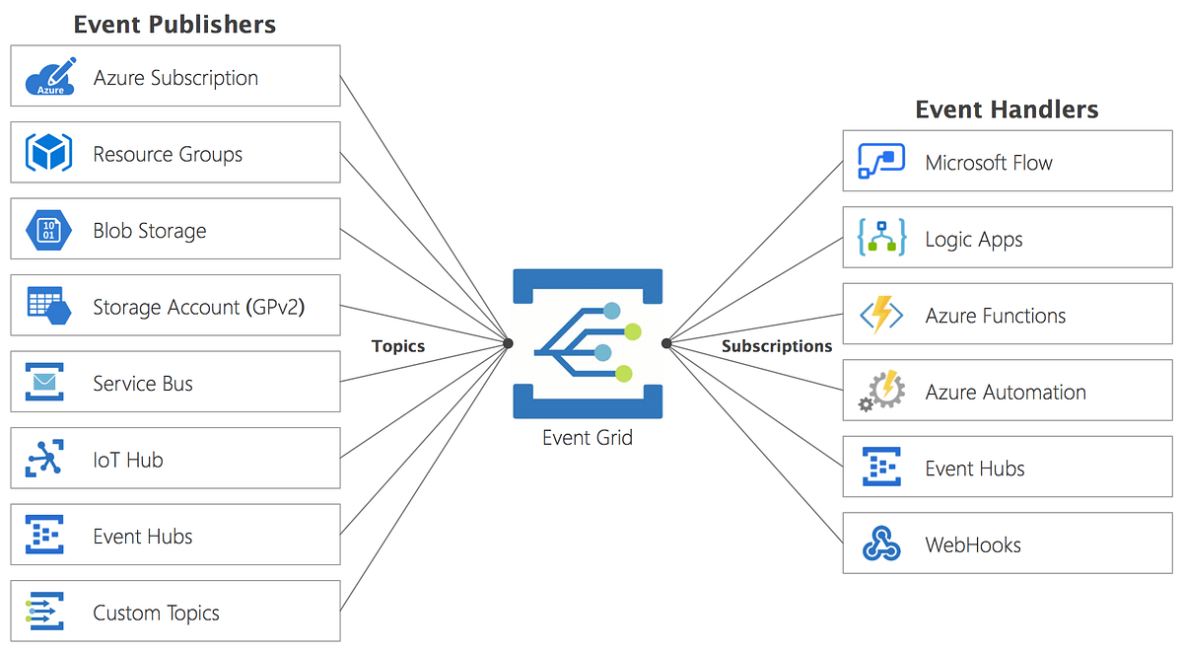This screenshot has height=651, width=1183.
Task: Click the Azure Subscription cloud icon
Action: point(49,77)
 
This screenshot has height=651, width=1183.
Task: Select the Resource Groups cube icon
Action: point(48,154)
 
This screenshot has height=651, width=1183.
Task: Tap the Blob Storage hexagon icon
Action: point(48,230)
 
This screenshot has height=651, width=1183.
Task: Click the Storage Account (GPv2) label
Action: point(198,307)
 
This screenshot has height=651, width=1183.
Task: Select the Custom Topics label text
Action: point(156,613)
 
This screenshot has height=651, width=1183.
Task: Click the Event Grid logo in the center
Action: point(588,343)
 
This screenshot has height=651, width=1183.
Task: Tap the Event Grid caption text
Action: point(588,437)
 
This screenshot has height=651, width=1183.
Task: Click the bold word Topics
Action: point(398,346)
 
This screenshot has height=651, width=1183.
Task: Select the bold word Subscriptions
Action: point(777,346)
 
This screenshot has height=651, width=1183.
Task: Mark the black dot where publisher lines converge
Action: point(509,343)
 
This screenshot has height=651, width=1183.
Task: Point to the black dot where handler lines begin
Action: point(666,343)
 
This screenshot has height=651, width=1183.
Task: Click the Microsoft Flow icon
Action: point(880,162)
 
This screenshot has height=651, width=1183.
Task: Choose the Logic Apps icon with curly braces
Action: point(882,239)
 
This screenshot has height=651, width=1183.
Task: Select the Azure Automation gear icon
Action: point(880,392)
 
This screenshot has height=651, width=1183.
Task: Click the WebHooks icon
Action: point(881,544)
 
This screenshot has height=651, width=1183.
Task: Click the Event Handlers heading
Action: point(1007,109)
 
